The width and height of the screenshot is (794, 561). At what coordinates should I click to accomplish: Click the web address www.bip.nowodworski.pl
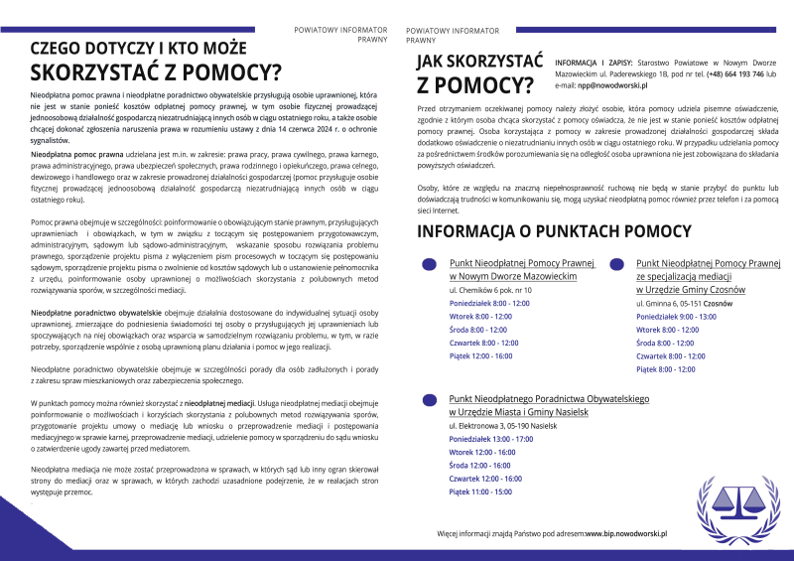click(625, 533)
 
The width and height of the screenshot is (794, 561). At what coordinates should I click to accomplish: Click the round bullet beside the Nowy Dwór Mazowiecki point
click(429, 265)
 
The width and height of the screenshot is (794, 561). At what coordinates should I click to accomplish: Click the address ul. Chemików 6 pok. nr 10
click(490, 290)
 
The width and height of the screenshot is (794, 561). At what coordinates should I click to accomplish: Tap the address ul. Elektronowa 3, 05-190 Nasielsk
click(502, 424)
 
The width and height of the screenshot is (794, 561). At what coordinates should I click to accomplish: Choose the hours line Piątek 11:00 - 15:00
click(480, 491)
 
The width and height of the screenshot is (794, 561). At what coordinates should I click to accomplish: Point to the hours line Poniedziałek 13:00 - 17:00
click(483, 438)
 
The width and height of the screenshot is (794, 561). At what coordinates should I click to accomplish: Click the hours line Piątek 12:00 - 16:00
click(480, 355)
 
